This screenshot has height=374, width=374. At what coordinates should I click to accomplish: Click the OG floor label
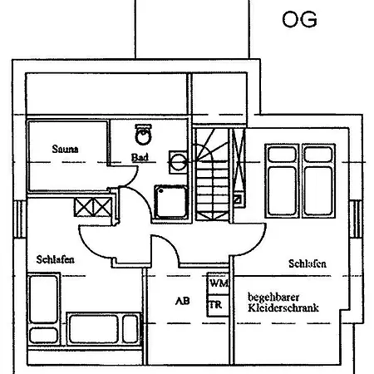299,19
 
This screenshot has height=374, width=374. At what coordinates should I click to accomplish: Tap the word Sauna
65,149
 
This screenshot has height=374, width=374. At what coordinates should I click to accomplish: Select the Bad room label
140,157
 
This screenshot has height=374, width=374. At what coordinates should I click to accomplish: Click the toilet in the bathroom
143,134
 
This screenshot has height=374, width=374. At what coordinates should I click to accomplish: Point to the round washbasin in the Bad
178,162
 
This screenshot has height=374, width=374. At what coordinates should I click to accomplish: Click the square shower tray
171,202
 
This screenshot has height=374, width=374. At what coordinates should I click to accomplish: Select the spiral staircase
212,175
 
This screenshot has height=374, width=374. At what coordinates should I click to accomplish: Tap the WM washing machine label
219,283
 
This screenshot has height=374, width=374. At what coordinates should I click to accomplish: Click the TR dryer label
216,305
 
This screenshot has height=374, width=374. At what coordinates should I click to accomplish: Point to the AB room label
183,301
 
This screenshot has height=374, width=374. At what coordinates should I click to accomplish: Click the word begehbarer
273,298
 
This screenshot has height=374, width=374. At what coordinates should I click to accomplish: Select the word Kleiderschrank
283,308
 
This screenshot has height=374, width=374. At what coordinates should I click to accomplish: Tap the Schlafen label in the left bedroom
56,259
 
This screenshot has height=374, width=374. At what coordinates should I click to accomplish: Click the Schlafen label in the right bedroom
308,263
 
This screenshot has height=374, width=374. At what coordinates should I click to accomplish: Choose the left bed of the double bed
282,180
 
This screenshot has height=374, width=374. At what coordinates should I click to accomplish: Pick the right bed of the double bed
318,180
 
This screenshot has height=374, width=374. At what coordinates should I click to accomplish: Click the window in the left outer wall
20,219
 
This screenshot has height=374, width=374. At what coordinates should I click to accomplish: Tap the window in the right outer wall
356,219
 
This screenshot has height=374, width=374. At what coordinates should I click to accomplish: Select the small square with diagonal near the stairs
238,199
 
